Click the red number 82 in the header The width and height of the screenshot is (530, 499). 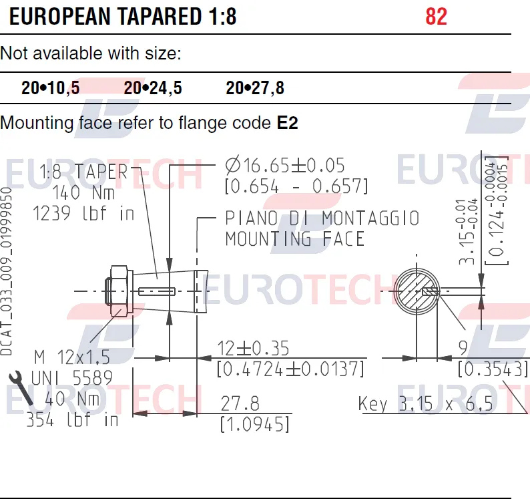pos(436,16)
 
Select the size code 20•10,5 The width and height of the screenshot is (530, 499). pos(50,88)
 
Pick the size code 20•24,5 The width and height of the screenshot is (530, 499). pos(153,88)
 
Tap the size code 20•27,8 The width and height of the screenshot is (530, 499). pos(255,88)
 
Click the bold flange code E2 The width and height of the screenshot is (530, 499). pos(287,122)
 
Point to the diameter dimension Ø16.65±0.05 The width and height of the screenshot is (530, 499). pos(285,166)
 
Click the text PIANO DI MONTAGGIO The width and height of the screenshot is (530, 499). pos(322,218)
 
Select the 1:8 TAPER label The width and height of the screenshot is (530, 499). pos(83,171)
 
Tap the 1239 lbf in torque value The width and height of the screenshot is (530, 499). pos(83,214)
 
